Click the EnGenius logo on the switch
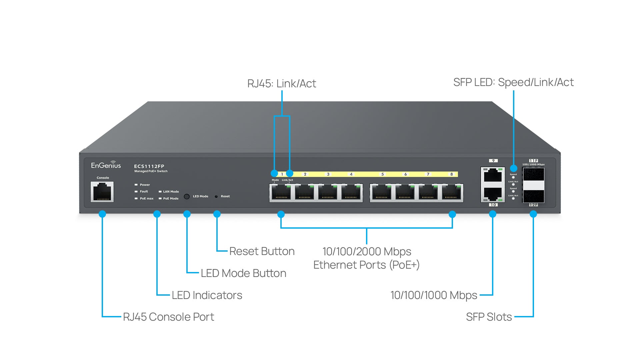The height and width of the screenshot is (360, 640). pos(106,165)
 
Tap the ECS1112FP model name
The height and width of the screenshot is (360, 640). pos(149,166)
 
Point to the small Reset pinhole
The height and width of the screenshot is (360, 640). pos(216,196)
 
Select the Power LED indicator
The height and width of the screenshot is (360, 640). pos(136,185)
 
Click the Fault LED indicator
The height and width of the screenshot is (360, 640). pos(136,191)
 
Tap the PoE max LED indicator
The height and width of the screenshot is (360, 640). pos(136,198)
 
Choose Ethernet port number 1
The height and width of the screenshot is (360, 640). pos(281,193)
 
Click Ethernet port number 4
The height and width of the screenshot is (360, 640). pos(351,193)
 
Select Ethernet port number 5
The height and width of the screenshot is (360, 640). pos(382,193)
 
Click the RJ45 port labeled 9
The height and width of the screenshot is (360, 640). pos(493,175)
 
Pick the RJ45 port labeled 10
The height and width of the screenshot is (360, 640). pos(493,194)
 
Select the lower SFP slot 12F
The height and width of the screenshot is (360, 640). pos(533,196)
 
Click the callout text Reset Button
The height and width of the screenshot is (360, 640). pos(262,251)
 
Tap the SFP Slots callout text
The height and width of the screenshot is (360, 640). pos(489,317)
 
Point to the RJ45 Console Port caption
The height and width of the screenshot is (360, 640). pos(168,317)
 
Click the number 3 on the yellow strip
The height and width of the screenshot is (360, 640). pos(328,174)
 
